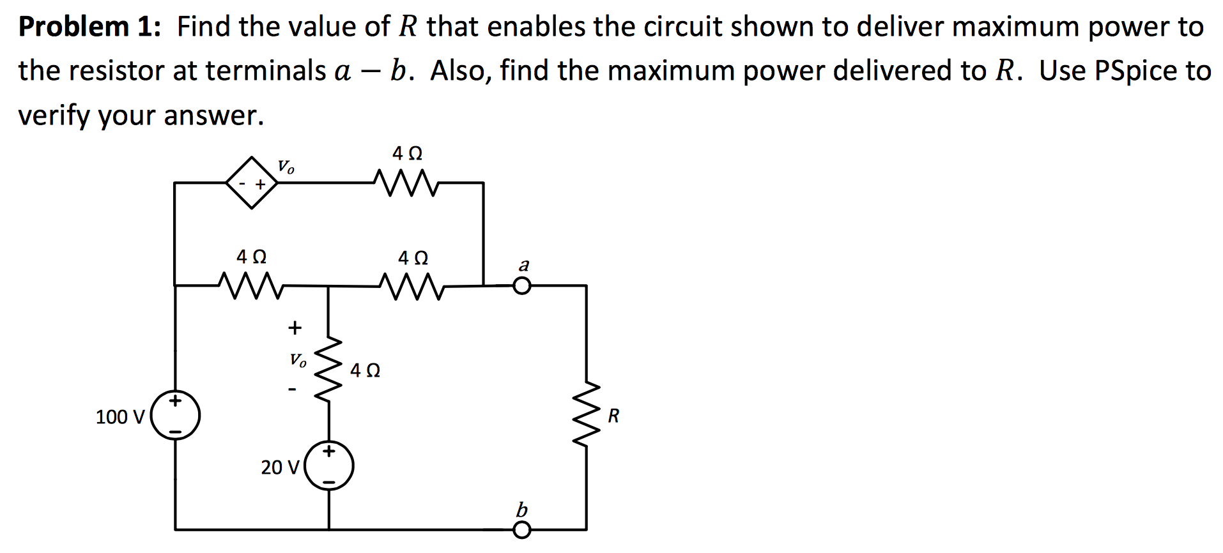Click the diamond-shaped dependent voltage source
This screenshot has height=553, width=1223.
(252, 183)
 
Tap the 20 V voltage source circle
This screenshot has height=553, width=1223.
(329, 466)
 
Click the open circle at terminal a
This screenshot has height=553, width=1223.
(522, 286)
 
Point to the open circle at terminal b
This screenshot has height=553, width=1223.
(522, 530)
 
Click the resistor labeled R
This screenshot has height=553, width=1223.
(586, 416)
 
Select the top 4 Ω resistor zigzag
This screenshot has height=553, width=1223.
(406, 183)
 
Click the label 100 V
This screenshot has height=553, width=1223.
(119, 417)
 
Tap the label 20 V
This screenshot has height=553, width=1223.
(279, 467)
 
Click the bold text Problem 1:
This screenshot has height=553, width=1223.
(89, 27)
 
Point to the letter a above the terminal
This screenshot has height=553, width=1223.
(524, 264)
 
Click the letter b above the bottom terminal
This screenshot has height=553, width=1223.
(521, 510)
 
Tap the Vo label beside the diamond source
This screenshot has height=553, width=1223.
(286, 167)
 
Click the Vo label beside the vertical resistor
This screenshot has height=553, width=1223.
(298, 360)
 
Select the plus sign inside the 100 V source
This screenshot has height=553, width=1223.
(175, 401)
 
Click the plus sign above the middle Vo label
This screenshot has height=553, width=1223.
(294, 328)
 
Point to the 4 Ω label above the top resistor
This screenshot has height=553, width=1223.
(407, 154)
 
